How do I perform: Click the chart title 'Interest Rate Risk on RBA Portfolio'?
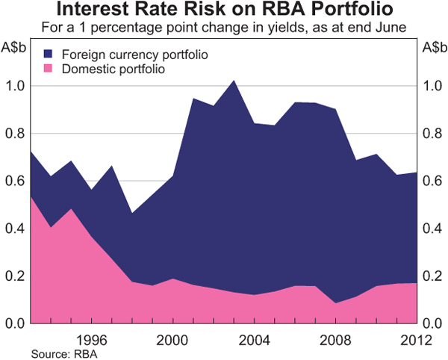[224, 10]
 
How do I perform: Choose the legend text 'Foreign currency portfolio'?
[134, 55]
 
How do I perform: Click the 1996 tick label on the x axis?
[91, 338]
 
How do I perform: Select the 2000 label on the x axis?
[172, 338]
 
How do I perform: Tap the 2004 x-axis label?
[253, 338]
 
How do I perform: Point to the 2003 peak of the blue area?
[233, 81]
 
